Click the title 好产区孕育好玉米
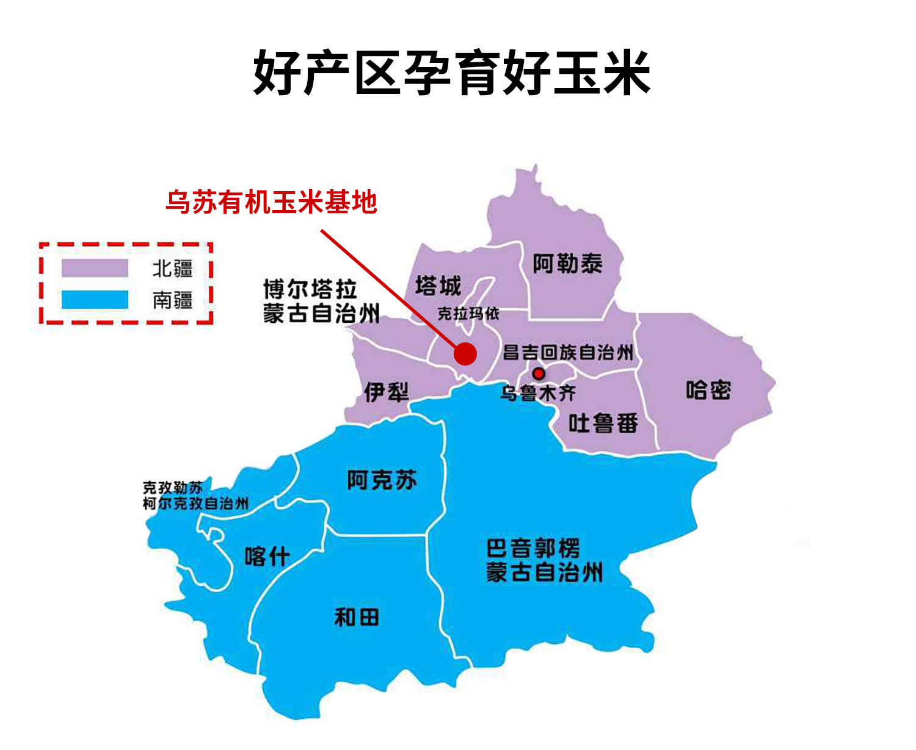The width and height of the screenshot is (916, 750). (452, 73)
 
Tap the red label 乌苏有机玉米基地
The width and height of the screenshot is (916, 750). (271, 203)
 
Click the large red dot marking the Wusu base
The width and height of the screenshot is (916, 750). (465, 353)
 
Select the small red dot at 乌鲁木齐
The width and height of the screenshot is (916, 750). (538, 373)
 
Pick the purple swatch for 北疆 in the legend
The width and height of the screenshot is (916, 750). (95, 269)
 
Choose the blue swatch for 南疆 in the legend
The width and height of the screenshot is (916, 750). (95, 300)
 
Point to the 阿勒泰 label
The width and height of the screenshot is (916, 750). (567, 264)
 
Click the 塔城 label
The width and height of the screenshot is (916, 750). (438, 286)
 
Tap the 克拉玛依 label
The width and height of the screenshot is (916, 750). (468, 314)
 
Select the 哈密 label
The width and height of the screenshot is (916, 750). (708, 390)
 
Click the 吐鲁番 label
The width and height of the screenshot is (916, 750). (603, 423)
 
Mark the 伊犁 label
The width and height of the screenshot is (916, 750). (386, 392)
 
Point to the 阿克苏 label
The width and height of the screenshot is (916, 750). (382, 480)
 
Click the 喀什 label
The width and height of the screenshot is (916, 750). (267, 557)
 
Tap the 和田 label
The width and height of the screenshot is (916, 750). (357, 618)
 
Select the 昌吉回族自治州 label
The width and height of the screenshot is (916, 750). (568, 352)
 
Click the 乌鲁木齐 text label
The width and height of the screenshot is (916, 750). (538, 393)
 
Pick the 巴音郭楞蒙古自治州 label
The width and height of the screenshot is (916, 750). (543, 560)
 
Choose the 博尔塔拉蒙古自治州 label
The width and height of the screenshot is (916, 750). (321, 301)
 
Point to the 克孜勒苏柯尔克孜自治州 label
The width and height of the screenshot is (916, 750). (195, 496)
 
